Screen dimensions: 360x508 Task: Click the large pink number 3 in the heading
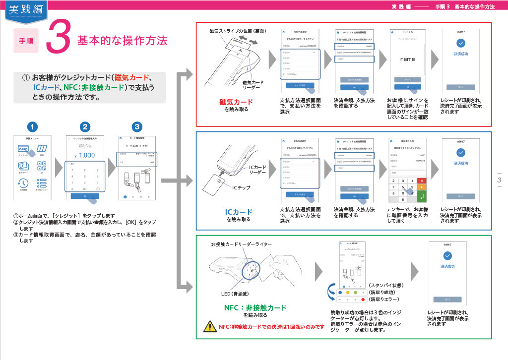[x=58, y=38]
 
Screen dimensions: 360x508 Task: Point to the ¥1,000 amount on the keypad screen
[x=85, y=155]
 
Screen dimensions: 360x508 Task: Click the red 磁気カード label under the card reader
[x=236, y=102]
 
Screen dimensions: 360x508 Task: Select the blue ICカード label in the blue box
[x=239, y=212]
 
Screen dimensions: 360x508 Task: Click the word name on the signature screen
[x=407, y=59]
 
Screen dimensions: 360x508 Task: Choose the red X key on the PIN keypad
[x=422, y=180]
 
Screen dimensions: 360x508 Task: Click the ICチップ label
[x=242, y=188]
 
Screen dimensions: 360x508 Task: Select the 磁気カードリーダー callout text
[x=253, y=85]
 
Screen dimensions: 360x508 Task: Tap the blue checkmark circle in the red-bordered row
[x=461, y=43]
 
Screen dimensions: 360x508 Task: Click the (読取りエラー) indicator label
[x=384, y=300]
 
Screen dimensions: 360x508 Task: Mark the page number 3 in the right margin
[x=499, y=180]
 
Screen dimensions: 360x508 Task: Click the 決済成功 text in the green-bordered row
[x=447, y=266]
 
